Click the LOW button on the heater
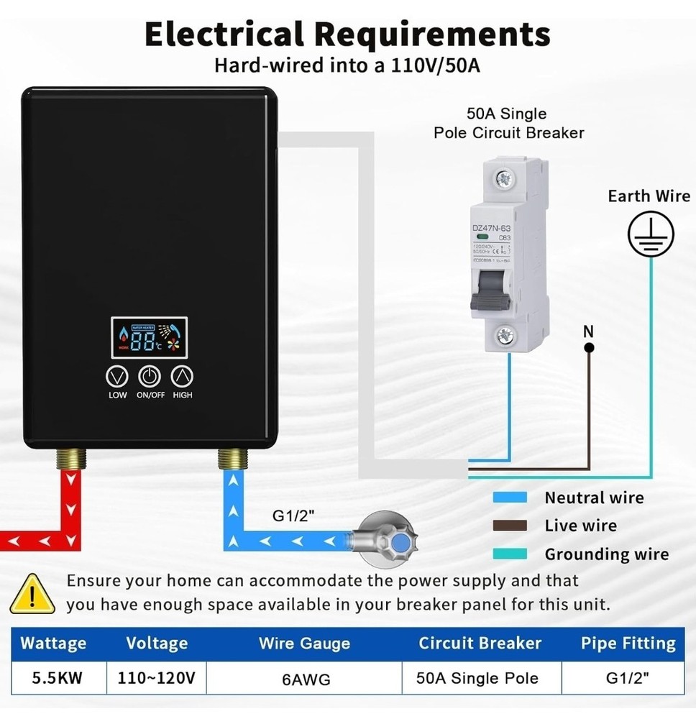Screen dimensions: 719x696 pos(117,376)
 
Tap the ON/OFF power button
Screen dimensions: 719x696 pos(150,376)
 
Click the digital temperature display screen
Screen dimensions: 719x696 pos(150,337)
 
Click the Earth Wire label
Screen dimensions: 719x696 pos(649,196)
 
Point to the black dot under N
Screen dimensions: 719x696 pos(589,347)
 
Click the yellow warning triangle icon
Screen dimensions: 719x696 pos(32,594)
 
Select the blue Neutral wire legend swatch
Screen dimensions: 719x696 pos(510,498)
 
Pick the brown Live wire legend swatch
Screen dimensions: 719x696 pos(510,526)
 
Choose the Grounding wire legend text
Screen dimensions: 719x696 pos(606,554)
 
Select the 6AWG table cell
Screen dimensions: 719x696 pos(306,678)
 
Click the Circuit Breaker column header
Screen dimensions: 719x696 pos(480,643)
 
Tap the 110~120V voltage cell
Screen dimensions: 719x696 pos(157,677)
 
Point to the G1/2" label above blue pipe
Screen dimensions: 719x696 pos(293,516)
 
